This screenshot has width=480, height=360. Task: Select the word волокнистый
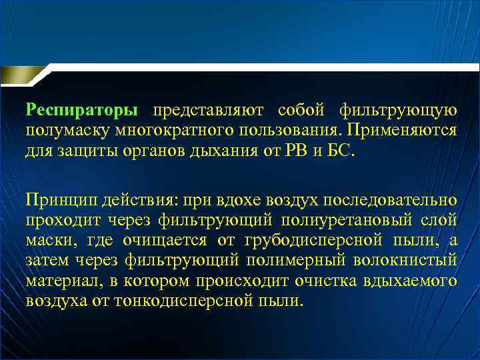tap(406, 260)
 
